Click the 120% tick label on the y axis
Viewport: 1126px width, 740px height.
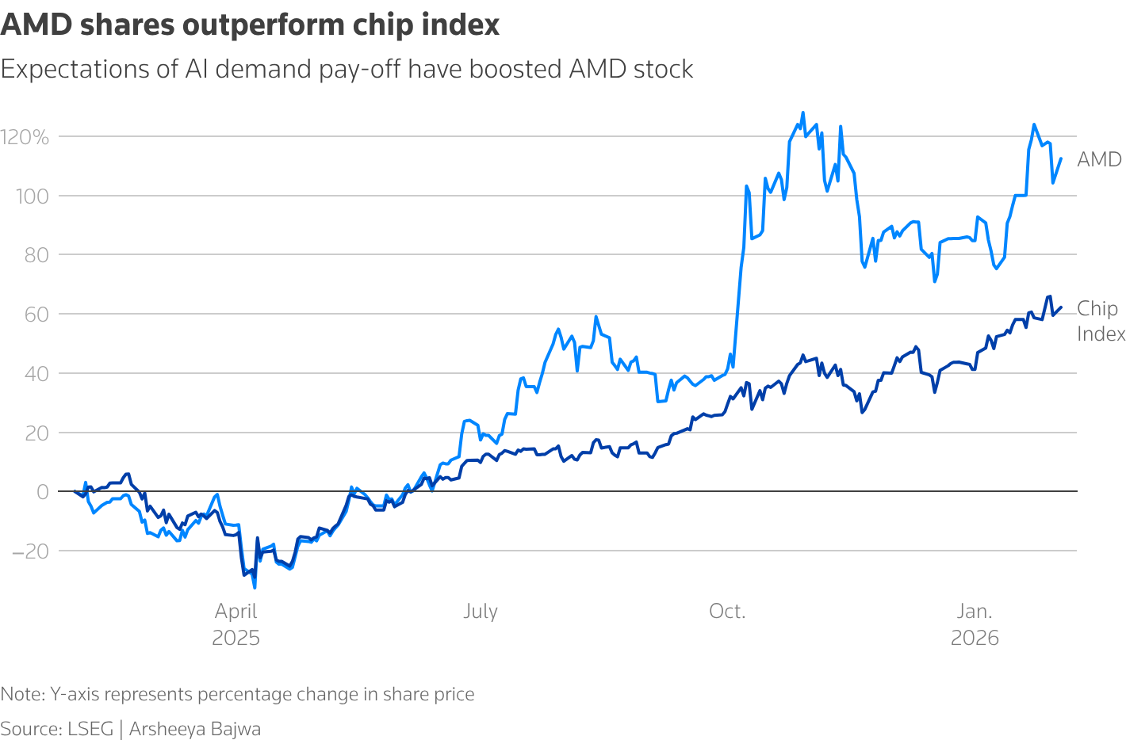coord(25,137)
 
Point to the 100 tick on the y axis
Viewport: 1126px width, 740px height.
coord(32,196)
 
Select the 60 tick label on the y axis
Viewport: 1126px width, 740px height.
coord(36,315)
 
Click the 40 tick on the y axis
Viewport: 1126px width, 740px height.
coord(36,373)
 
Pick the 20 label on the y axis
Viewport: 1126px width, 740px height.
coord(36,433)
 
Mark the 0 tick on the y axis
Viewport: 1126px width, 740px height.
coord(42,492)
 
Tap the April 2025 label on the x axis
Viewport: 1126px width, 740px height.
coord(236,624)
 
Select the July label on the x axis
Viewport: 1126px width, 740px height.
coord(481,612)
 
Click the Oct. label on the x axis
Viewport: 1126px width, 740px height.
coord(727,612)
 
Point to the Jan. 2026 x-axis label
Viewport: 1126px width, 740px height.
coord(975,624)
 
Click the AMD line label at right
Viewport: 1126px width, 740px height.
coord(1099,159)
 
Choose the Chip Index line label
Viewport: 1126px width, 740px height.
coord(1101,321)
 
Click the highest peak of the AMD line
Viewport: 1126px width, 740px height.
coord(802,113)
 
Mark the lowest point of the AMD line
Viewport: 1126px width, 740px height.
coord(255,587)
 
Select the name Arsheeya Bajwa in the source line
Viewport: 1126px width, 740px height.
coord(195,729)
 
